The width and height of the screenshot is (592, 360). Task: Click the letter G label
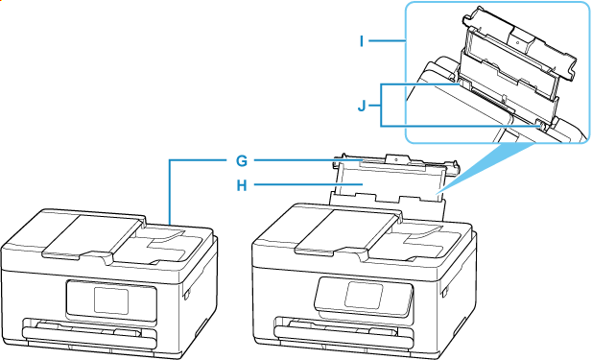click(x=242, y=161)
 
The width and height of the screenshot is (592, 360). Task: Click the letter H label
click(x=242, y=185)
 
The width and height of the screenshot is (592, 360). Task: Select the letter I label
click(x=362, y=40)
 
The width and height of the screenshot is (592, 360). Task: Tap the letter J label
click(x=362, y=107)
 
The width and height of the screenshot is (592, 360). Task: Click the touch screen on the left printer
click(x=111, y=300)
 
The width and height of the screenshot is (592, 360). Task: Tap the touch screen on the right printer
click(x=364, y=295)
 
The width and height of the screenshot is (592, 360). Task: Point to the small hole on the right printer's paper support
click(x=395, y=159)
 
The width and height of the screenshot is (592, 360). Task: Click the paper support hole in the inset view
click(x=517, y=42)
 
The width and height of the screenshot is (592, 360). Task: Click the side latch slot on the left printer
click(x=187, y=295)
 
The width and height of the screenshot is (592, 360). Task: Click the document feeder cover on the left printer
click(x=90, y=236)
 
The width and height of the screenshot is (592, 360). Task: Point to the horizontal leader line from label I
click(x=387, y=40)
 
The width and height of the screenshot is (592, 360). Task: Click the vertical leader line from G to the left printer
click(x=170, y=192)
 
